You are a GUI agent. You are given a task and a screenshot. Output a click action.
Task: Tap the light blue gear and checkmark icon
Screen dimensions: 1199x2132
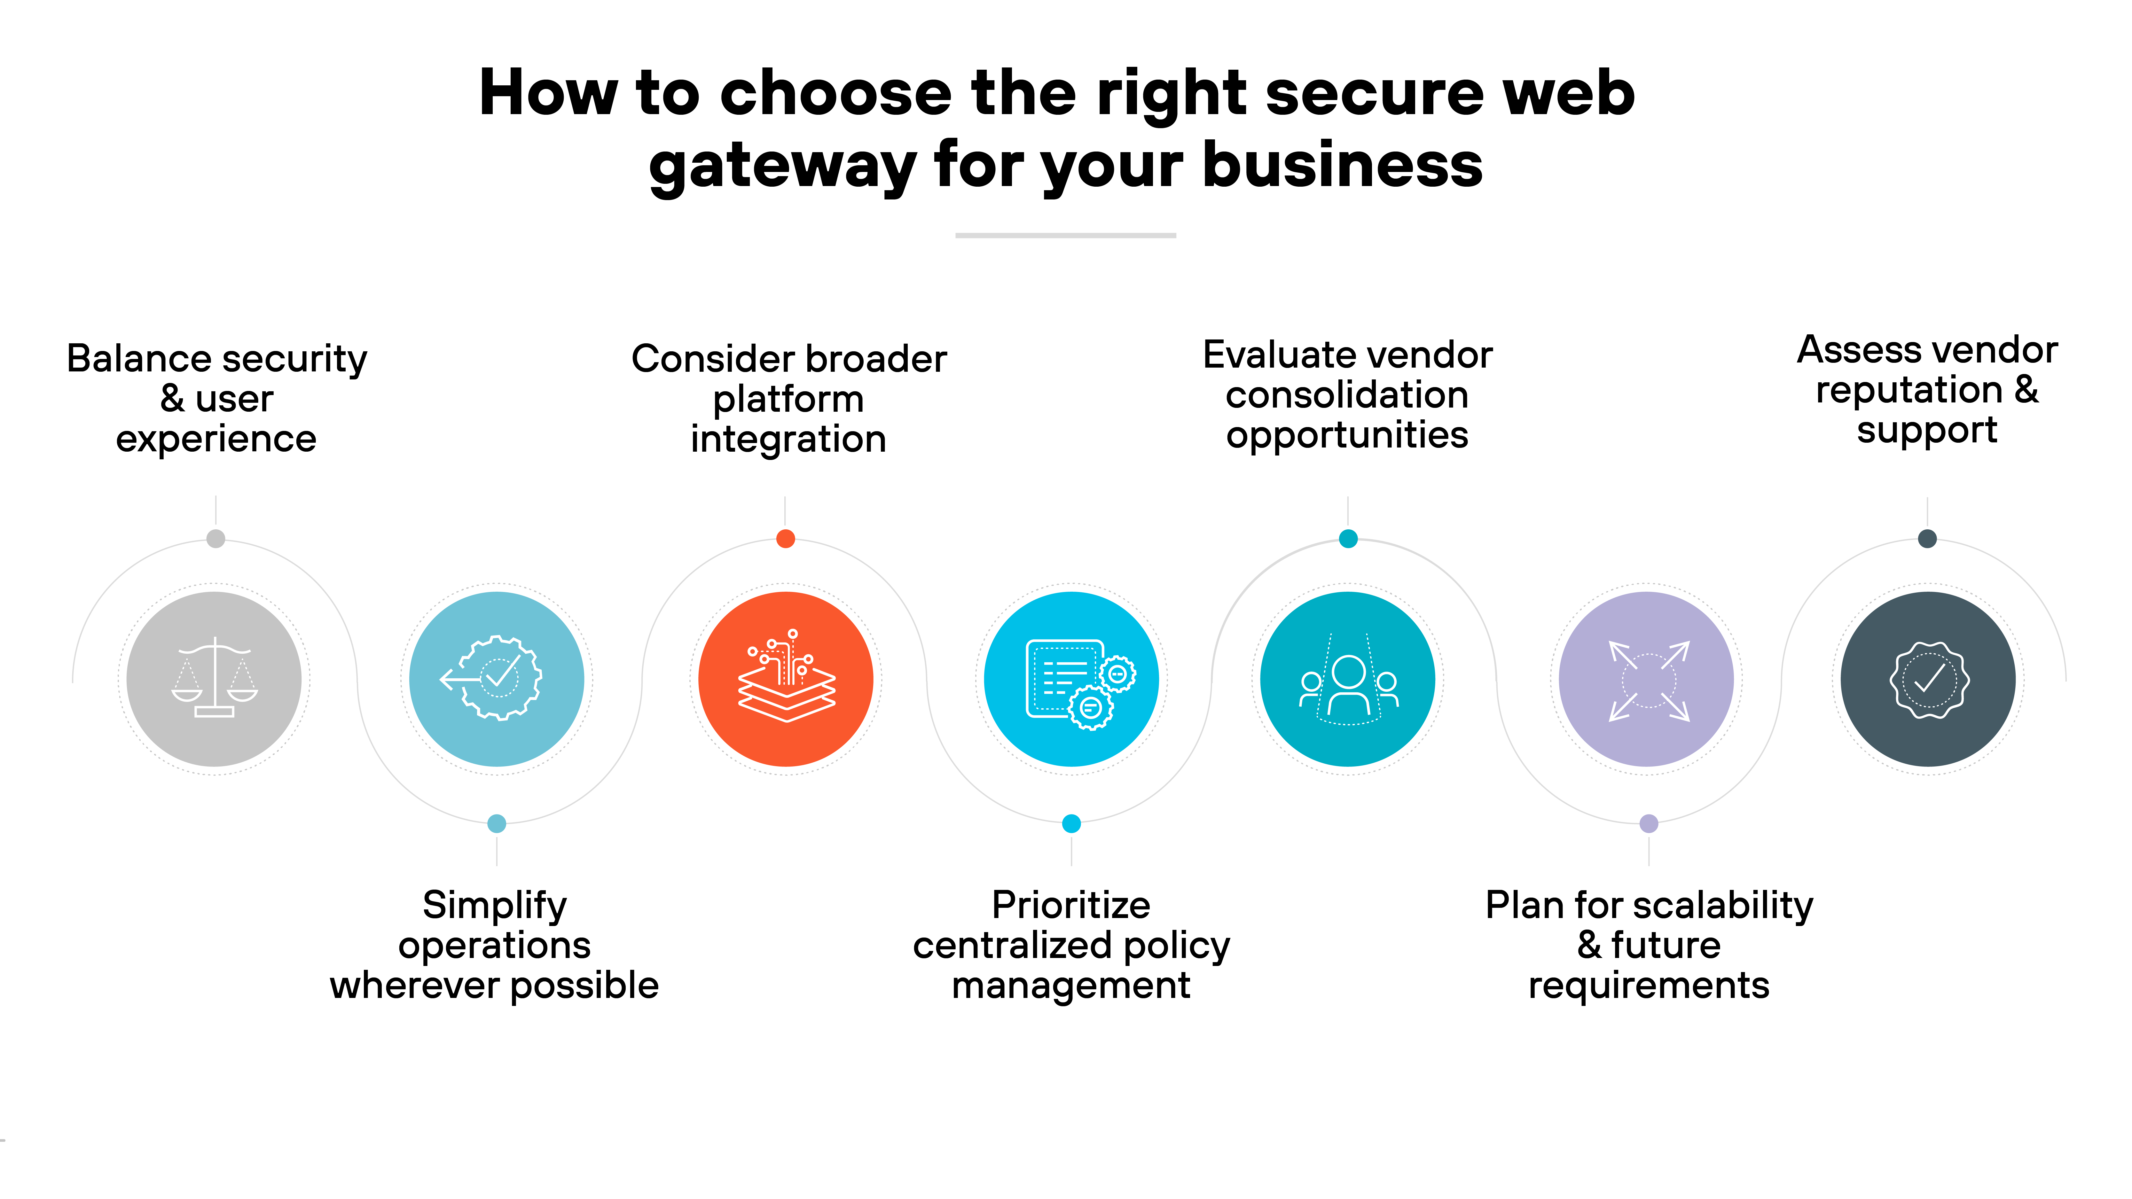(x=497, y=679)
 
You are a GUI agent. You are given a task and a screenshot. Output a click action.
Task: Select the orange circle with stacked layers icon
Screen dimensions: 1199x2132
(x=785, y=679)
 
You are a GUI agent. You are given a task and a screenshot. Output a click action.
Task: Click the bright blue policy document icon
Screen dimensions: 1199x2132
(x=1071, y=679)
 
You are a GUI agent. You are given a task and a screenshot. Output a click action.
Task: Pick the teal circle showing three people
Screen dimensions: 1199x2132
(x=1347, y=679)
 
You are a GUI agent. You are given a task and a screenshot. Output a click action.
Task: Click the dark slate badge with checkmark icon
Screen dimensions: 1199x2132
(x=1928, y=679)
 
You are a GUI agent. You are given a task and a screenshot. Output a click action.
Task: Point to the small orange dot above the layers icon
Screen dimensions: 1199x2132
(x=785, y=539)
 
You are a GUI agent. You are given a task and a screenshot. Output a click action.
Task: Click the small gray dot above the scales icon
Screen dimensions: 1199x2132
(x=215, y=539)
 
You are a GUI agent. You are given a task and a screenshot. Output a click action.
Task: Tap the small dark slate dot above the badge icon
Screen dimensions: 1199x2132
(x=1928, y=539)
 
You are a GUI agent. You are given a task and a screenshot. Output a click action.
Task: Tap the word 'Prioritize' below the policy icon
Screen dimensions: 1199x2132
(x=1071, y=905)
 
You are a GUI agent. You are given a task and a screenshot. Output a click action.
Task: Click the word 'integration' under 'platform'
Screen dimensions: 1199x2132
(x=788, y=439)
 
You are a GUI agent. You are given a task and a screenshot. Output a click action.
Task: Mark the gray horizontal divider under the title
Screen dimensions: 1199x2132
(x=1065, y=236)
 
